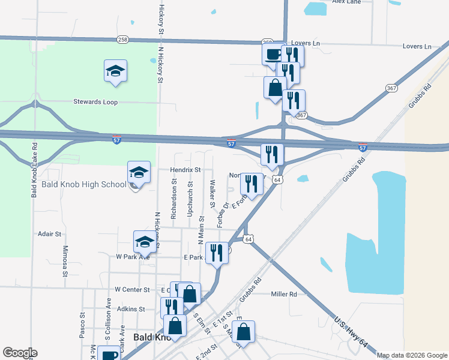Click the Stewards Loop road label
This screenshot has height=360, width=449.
95,102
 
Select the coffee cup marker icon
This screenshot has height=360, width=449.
273,54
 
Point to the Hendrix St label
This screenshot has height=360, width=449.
185,170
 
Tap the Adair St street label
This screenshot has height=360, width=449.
50,234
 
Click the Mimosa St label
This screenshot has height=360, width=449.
65,261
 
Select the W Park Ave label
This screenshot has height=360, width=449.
133,256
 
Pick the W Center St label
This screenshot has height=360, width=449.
132,289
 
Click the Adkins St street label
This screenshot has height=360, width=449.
131,309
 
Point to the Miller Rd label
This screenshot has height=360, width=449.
284,294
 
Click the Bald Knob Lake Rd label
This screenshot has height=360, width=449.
34,170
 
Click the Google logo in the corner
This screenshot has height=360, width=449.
20,353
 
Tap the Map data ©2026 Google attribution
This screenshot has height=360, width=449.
411,355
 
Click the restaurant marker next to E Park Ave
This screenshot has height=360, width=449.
217,253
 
